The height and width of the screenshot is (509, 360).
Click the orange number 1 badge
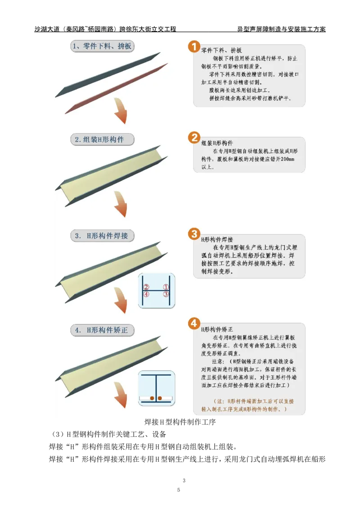[x=193, y=46]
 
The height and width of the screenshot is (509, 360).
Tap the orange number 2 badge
[x=193, y=137]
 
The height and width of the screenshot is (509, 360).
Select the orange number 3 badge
[x=193, y=234]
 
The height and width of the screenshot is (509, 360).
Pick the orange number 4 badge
[x=193, y=323]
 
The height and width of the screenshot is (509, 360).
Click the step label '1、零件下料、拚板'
[x=103, y=46]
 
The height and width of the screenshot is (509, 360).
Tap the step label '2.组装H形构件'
[x=103, y=139]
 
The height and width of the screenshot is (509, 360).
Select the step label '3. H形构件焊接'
[x=103, y=236]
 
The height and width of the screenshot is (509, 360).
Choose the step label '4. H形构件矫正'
[x=103, y=330]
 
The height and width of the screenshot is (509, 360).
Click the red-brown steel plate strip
[x=116, y=89]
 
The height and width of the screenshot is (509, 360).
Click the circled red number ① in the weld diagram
[x=166, y=287]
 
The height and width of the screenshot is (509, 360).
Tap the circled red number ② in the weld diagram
[x=146, y=287]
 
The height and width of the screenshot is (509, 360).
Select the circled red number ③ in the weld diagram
[x=166, y=295]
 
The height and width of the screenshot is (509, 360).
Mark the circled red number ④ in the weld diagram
[x=146, y=295]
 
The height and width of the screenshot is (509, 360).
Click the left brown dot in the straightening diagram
[x=152, y=398]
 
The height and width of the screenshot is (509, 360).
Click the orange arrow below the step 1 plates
[x=121, y=114]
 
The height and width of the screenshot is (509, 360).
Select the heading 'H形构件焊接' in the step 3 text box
[x=217, y=240]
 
